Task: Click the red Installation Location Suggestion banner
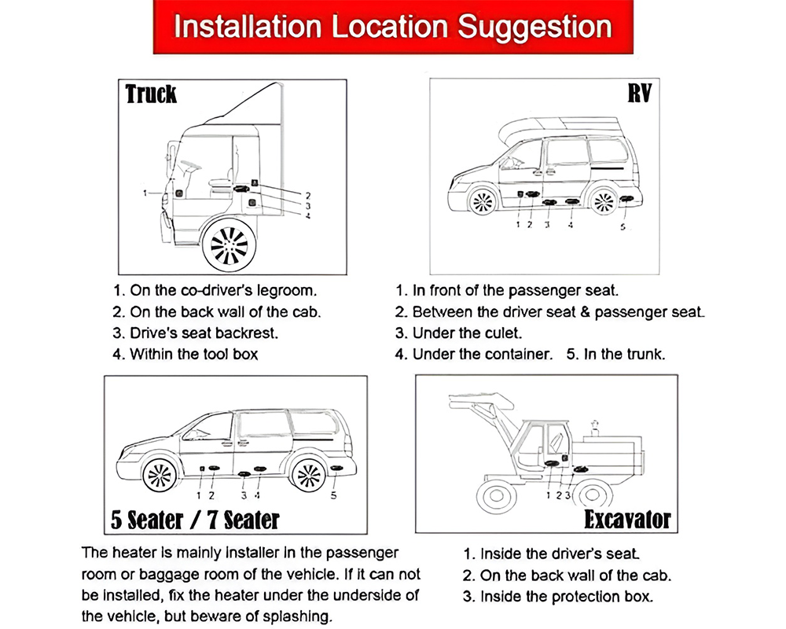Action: point(392,27)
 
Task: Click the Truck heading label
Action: point(152,94)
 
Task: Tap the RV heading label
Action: point(638,94)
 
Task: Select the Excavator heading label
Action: point(626,520)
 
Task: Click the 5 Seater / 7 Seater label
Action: point(195,520)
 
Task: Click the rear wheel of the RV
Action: point(604,201)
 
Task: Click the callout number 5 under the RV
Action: point(623,227)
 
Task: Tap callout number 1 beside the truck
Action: point(145,192)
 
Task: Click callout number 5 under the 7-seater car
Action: point(334,495)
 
